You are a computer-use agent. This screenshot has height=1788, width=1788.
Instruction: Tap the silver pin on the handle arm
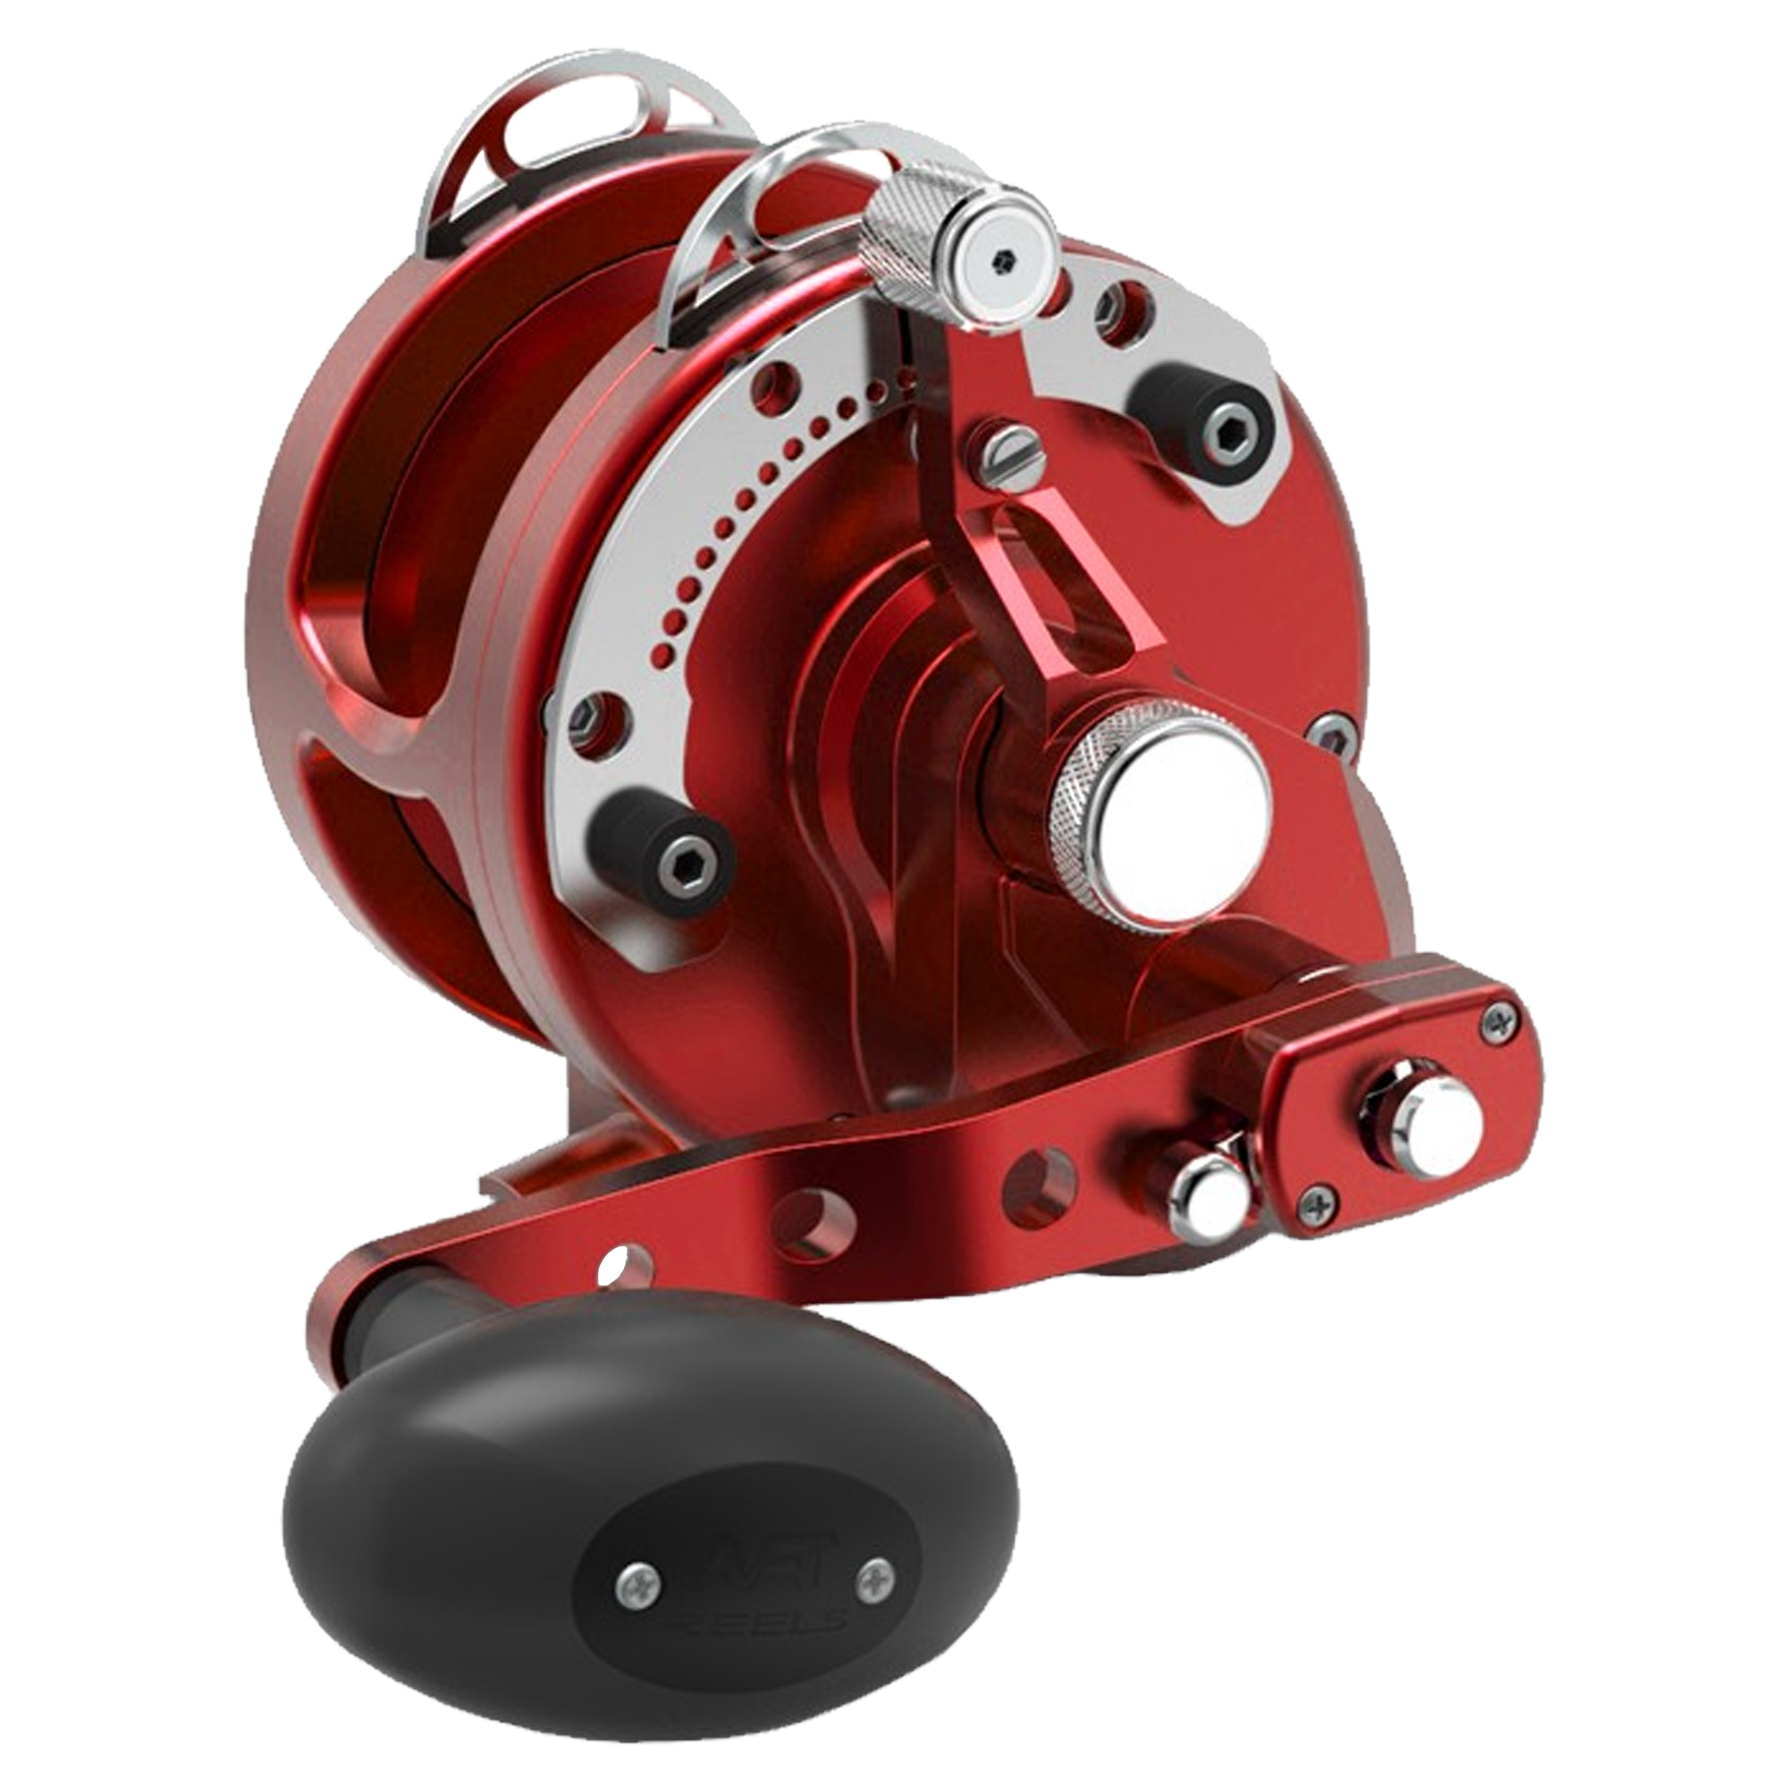[x=1208, y=1202]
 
